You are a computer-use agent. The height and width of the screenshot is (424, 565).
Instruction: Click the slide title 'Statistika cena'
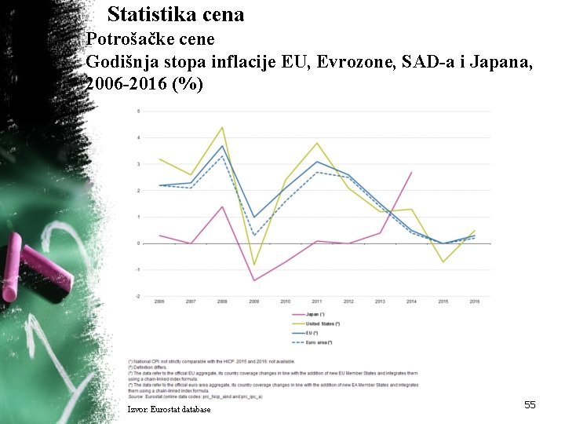click(x=176, y=14)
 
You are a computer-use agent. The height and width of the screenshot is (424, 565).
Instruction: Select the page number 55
click(x=530, y=404)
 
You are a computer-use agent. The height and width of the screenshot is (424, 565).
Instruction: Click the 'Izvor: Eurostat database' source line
click(x=169, y=409)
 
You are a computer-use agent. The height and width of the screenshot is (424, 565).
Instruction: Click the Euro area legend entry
click(x=314, y=342)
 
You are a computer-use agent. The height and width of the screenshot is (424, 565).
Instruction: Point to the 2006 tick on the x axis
click(x=159, y=302)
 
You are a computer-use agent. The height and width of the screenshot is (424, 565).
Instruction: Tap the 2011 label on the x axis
click(x=317, y=302)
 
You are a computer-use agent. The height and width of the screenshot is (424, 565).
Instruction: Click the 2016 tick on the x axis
click(x=475, y=302)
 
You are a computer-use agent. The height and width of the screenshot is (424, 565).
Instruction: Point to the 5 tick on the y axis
click(x=138, y=111)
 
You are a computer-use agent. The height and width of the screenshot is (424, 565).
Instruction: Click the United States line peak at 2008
click(x=222, y=127)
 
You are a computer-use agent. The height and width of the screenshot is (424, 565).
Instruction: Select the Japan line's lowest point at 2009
click(x=253, y=280)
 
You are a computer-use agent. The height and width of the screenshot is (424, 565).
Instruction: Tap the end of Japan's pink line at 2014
click(x=411, y=172)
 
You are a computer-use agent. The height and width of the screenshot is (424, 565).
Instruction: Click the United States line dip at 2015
click(x=443, y=261)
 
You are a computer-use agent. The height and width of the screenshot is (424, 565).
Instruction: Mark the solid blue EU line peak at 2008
click(x=222, y=146)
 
